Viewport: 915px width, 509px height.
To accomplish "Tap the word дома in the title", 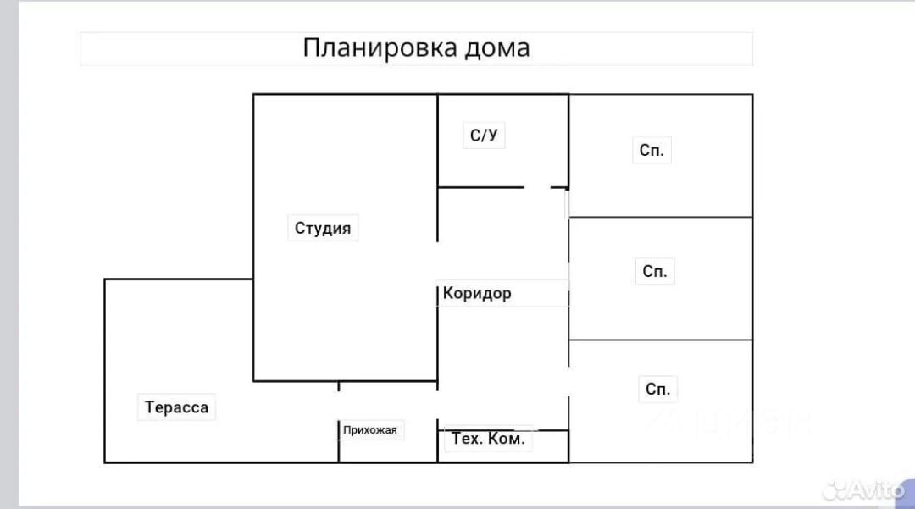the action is pos(497,47).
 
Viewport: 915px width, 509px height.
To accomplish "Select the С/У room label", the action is pos(484,135).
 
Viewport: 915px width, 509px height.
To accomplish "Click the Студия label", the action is pos(323,228).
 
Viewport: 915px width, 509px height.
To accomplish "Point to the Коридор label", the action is pos(477,294).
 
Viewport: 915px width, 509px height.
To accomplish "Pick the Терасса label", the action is pos(176,407).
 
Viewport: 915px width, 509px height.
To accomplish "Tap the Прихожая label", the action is pos(370,429).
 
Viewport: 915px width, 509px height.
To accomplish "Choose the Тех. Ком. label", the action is pos(489,439).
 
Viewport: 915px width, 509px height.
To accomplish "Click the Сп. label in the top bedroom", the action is pos(652,152).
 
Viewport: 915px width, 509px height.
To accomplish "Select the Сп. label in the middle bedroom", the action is pos(655,272).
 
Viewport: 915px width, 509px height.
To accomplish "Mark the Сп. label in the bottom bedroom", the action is pos(657,390).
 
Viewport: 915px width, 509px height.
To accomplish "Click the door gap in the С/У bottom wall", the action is pos(537,187).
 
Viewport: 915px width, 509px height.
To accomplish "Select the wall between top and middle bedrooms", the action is pos(661,217).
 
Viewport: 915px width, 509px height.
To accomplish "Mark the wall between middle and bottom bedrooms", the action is pos(661,340).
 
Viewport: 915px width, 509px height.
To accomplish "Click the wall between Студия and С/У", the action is pos(437,140).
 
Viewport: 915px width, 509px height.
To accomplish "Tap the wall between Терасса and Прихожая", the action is pos(339,440).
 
